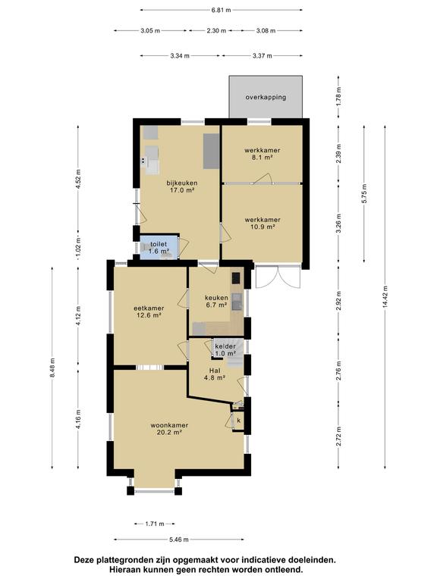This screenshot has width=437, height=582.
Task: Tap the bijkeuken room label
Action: [182, 186]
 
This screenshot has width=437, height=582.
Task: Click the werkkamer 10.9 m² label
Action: [263, 223]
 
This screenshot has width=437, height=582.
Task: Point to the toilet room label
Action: [159, 248]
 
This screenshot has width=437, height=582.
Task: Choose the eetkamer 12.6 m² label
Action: [148, 311]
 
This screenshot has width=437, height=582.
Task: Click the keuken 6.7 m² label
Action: [216, 302]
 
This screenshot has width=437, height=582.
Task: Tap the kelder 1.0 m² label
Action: [225, 350]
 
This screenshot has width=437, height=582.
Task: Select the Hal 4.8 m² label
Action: [215, 375]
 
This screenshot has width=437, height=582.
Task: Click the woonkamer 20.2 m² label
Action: [168, 429]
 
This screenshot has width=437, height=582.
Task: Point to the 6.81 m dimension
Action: [221, 11]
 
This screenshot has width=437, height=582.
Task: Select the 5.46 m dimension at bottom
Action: [179, 540]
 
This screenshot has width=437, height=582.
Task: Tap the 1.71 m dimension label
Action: [156, 524]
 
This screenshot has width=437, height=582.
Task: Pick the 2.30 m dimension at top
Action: [217, 31]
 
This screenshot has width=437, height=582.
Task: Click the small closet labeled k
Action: [238, 421]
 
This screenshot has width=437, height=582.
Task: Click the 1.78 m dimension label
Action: [340, 96]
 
